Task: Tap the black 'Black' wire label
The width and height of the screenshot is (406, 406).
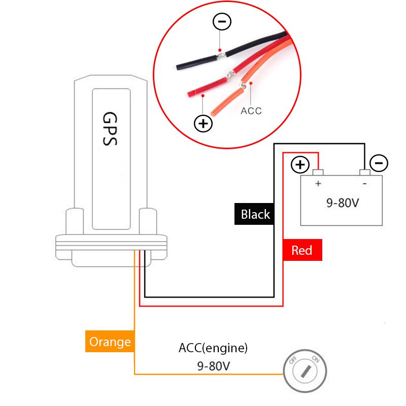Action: coord(255,214)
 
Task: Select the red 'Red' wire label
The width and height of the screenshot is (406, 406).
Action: coord(302,250)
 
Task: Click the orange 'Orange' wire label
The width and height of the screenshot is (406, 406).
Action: coord(110,342)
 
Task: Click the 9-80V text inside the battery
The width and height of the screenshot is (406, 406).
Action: coord(343,203)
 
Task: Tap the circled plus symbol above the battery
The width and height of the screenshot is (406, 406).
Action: coord(300,164)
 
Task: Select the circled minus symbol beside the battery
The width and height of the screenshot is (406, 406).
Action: coord(379,163)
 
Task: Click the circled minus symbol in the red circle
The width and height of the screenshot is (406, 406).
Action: coord(221,22)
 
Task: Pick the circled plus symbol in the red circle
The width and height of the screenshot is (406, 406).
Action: coord(204,123)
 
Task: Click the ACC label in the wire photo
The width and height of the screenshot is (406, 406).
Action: coord(251,111)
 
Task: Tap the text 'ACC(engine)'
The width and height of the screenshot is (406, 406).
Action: coord(213,348)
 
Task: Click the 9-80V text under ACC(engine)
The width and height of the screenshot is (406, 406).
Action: coord(213,365)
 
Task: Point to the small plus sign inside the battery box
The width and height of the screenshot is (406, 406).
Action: coord(318,184)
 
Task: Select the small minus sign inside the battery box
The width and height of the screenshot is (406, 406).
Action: coord(364,184)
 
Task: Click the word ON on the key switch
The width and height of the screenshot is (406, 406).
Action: coord(315,360)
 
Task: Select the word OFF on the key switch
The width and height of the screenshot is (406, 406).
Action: coord(293,361)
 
